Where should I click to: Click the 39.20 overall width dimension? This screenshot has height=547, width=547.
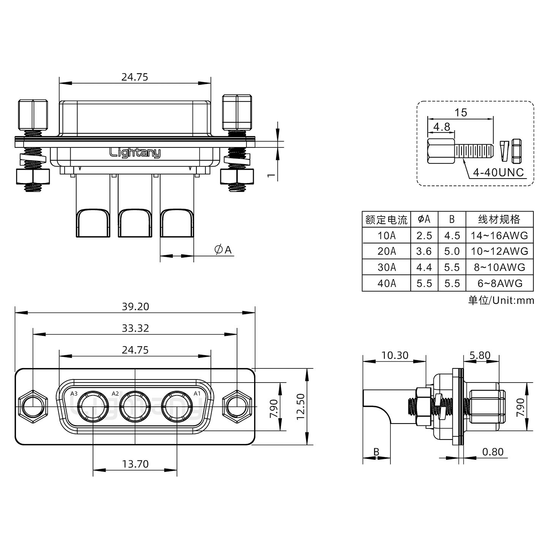tap(135, 307)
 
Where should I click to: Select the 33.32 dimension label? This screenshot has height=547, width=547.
tap(135, 328)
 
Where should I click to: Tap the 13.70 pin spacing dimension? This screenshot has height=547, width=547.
tap(135, 464)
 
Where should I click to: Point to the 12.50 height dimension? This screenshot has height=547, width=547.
tap(300, 406)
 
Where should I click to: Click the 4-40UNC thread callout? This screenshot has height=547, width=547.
tap(498, 173)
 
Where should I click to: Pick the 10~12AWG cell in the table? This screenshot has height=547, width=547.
tap(499, 251)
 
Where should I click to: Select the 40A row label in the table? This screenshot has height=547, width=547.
tap(386, 283)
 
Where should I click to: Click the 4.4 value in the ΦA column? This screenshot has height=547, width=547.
tap(424, 267)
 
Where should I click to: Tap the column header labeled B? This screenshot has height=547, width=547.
tap(452, 219)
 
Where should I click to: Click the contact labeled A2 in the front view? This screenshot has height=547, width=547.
tap(135, 406)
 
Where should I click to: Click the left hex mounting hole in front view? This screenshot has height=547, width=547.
tap(33, 406)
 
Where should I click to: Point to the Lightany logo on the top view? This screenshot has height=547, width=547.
tap(135, 153)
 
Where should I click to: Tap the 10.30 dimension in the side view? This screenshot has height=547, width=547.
tap(394, 356)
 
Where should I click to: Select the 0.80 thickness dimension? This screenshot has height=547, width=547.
tap(492, 452)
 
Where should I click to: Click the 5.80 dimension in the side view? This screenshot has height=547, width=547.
tap(480, 356)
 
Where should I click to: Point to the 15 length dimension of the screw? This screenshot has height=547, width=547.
tap(460, 113)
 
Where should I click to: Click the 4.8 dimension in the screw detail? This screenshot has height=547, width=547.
tap(441, 127)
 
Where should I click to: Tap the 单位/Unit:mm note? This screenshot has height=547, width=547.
tap(501, 300)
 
